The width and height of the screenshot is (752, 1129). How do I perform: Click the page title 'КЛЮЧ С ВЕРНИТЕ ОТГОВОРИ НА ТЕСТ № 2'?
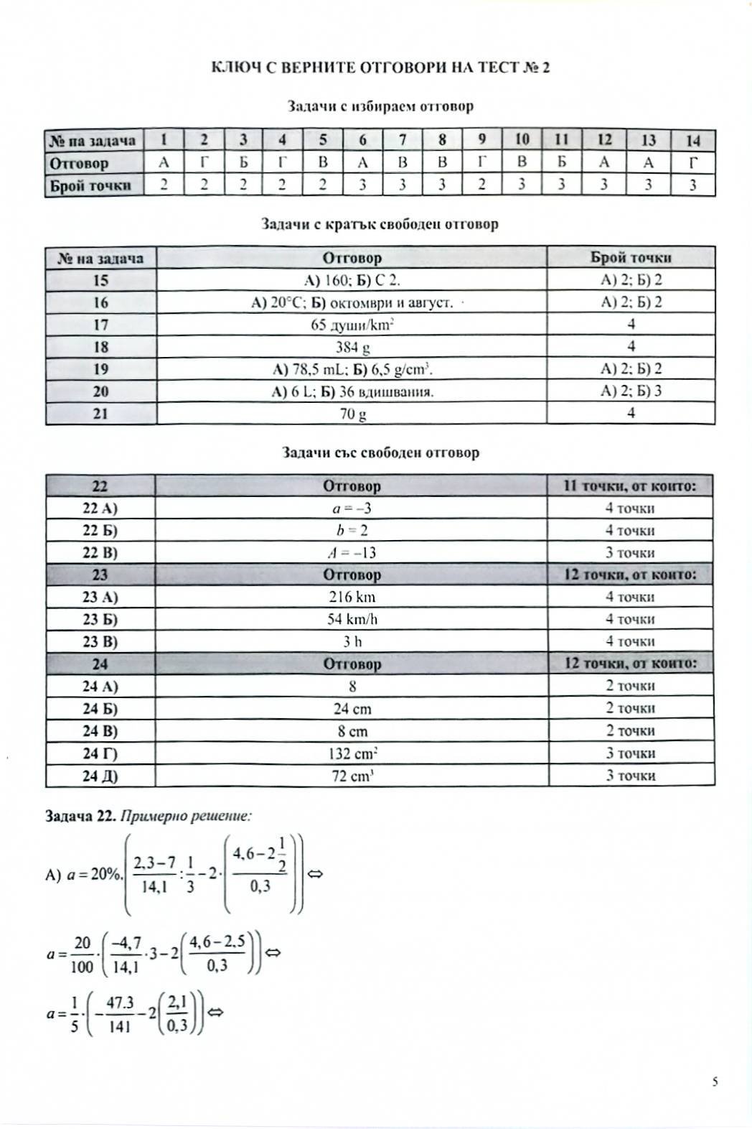[x=380, y=68]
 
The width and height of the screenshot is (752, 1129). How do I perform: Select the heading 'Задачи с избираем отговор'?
[x=380, y=106]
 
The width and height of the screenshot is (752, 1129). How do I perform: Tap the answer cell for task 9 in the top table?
[x=481, y=163]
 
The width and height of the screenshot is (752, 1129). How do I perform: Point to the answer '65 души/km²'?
[x=352, y=325]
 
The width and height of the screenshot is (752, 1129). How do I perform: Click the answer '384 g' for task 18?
[x=352, y=348]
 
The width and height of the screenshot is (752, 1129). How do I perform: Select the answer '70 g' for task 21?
[x=352, y=414]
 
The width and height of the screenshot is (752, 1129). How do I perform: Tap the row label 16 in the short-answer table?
[x=100, y=302]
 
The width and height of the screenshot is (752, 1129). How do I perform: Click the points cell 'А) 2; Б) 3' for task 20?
[x=631, y=391]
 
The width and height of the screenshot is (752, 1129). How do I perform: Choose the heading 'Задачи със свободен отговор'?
[x=380, y=453]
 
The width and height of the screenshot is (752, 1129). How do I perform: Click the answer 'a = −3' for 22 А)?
[x=352, y=508]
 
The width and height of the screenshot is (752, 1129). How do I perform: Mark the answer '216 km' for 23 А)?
[x=352, y=597]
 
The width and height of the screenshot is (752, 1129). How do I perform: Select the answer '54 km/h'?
[x=352, y=619]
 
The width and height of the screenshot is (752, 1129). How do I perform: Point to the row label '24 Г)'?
[x=100, y=753]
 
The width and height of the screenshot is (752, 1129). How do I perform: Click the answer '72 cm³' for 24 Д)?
[x=352, y=776]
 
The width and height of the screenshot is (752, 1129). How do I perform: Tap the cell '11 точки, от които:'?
[x=630, y=486]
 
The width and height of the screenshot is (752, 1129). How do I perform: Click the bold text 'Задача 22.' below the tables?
[x=80, y=816]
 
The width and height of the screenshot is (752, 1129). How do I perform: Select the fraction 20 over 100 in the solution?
[x=82, y=954]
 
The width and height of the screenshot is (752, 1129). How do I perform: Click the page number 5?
[x=715, y=1082]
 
